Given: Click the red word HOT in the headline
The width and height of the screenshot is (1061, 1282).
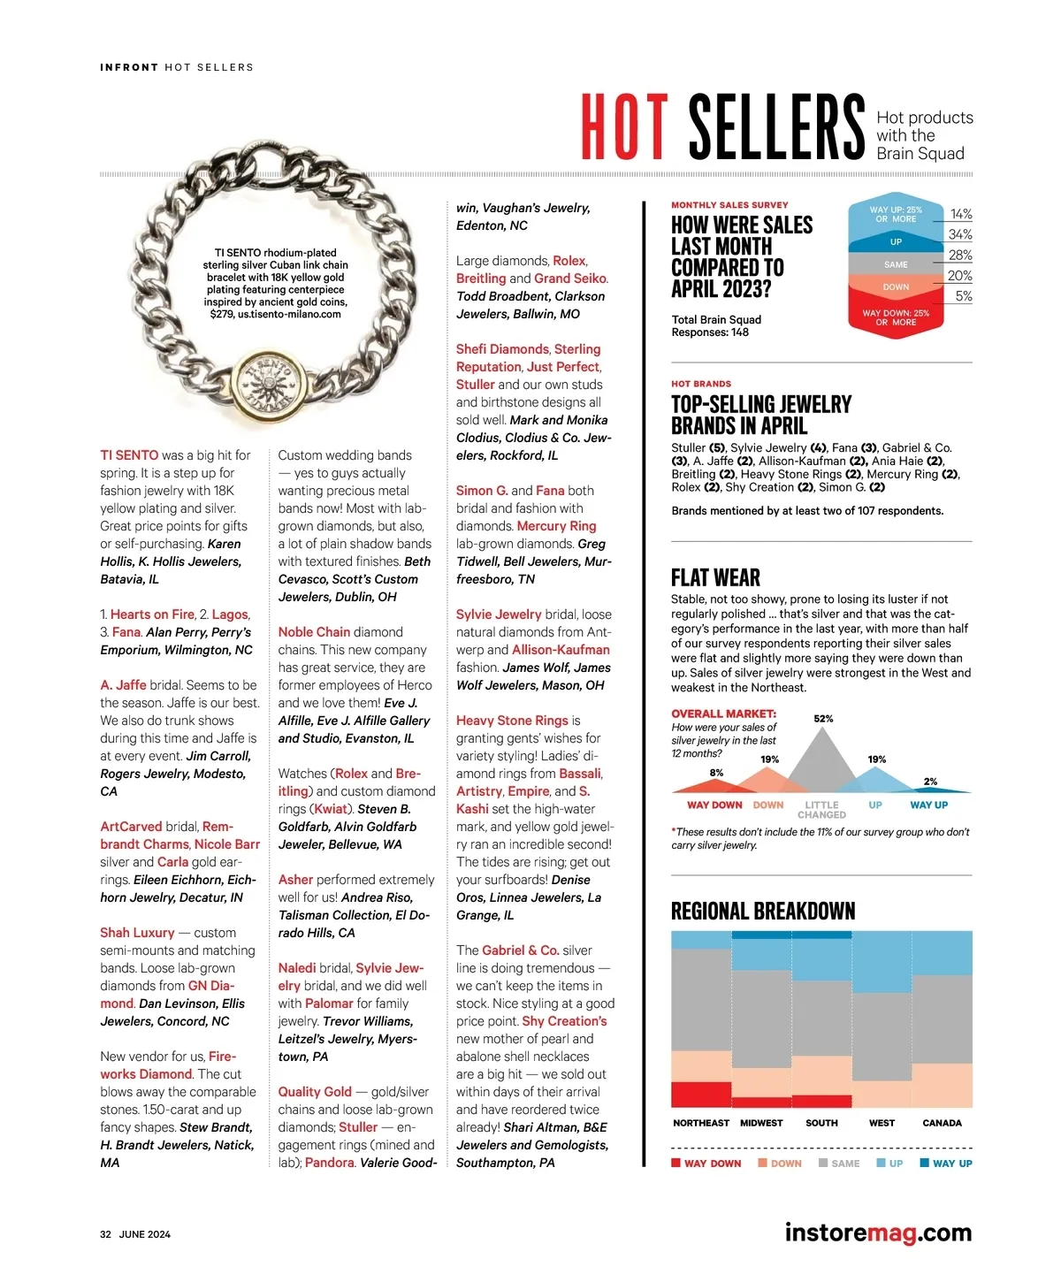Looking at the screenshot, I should tap(624, 127).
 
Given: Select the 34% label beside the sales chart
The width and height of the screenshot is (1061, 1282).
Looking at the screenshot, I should tap(960, 234).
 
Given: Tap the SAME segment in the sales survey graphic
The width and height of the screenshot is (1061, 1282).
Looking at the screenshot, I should tap(896, 264).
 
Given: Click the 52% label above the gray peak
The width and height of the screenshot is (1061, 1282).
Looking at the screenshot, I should tap(823, 719).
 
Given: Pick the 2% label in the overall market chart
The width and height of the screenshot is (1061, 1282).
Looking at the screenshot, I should tap(930, 782).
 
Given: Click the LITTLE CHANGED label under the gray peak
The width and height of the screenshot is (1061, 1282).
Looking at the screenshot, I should tap(822, 810).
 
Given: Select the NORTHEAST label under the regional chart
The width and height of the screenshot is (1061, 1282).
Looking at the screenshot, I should tap(701, 1123).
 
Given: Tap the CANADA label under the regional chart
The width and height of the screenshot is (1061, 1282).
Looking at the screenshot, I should tap(942, 1123).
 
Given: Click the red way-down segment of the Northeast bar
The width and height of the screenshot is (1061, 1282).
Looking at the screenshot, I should tap(701, 1094).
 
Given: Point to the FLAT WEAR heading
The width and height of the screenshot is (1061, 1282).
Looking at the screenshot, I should tap(715, 578).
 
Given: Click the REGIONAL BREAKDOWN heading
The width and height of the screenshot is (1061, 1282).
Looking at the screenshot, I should tap(763, 912).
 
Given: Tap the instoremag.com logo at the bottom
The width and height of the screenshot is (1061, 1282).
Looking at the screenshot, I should tap(877, 1232).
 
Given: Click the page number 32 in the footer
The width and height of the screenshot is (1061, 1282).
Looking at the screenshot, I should tap(105, 1234).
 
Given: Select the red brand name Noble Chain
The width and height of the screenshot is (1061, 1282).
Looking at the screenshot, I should tap(314, 632).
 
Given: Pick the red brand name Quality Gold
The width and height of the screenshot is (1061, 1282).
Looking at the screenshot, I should tap(315, 1092).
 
